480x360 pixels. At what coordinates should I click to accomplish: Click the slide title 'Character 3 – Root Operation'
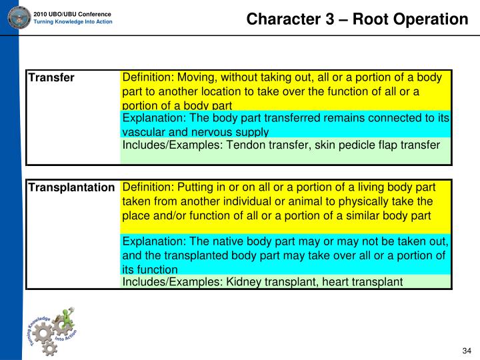[x=357, y=19]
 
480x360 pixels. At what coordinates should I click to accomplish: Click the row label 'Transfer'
[x=51, y=79]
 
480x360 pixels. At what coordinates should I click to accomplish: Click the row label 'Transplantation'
[x=71, y=188]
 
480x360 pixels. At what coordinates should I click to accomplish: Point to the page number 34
[x=467, y=351]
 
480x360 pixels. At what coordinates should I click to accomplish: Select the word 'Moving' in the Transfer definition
[x=197, y=78]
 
